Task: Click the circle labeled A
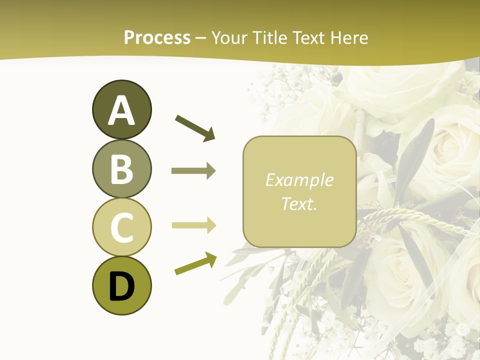(121, 109)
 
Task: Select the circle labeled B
(121, 168)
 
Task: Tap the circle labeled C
(121, 227)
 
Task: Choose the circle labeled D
(121, 285)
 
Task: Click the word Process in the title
(157, 37)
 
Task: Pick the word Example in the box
(299, 180)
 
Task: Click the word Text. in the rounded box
(299, 203)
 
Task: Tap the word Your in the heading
(228, 37)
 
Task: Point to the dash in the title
(201, 38)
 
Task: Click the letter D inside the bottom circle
(121, 286)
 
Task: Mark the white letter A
(121, 110)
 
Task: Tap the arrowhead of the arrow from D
(211, 258)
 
